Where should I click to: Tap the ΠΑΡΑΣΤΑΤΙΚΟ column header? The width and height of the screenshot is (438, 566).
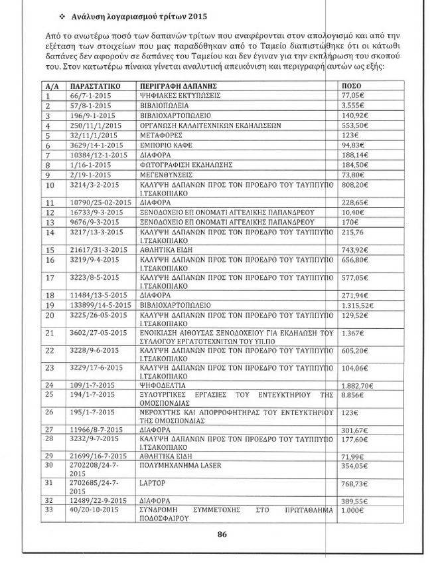[94, 86]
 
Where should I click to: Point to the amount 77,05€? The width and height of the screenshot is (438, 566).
[353, 96]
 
